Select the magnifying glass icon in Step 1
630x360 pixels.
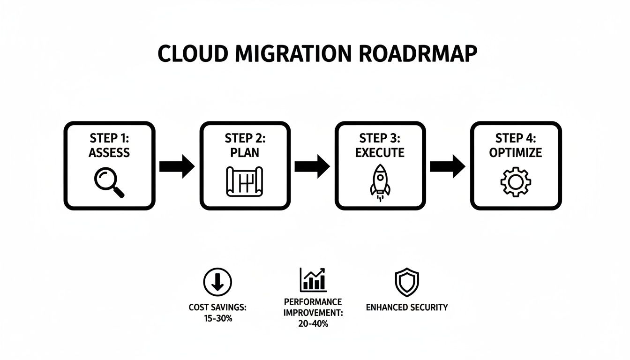point(109,182)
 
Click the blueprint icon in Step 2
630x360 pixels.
point(245,182)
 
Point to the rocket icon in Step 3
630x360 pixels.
point(380,182)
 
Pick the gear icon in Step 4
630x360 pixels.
point(515,182)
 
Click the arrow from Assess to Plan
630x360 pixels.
point(177,166)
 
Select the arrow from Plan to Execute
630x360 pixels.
point(312,166)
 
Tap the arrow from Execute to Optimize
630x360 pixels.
point(447,166)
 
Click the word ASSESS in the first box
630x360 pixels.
point(109,153)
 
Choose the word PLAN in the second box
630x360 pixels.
point(245,153)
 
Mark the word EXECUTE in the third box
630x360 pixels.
point(380,153)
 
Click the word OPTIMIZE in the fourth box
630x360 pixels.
point(515,153)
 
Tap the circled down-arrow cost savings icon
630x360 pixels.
point(217,282)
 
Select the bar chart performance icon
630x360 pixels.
point(313,280)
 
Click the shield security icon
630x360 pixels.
point(406,282)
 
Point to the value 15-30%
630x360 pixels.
point(217,318)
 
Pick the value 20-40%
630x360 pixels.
point(313,324)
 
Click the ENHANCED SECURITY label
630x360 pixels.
point(406,307)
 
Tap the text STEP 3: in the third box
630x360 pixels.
point(380,138)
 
